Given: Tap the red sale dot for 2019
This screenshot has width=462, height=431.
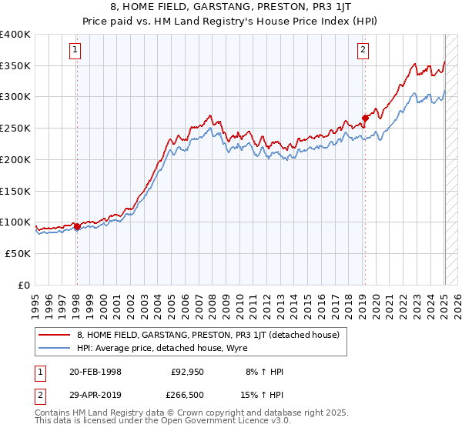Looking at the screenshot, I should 365,119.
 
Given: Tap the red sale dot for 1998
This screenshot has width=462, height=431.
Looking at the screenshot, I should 77,226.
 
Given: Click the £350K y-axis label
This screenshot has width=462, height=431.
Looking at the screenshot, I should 16,65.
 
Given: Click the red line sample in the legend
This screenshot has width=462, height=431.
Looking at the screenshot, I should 54,335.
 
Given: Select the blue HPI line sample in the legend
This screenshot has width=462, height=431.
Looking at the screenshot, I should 54,348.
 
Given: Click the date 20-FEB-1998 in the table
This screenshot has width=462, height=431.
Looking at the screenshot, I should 95,373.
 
